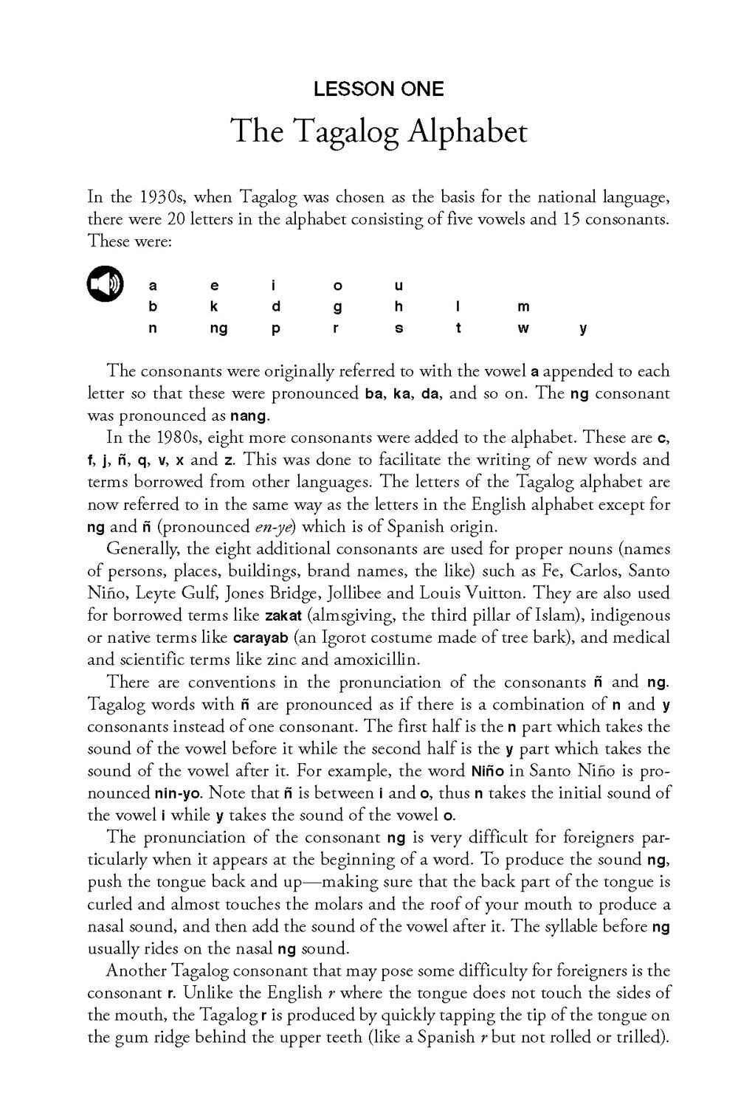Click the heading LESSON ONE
tap(379, 90)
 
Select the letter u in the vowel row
tap(399, 286)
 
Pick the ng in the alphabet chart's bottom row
tap(218, 329)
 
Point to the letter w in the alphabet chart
tap(523, 329)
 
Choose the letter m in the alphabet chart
tap(523, 307)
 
